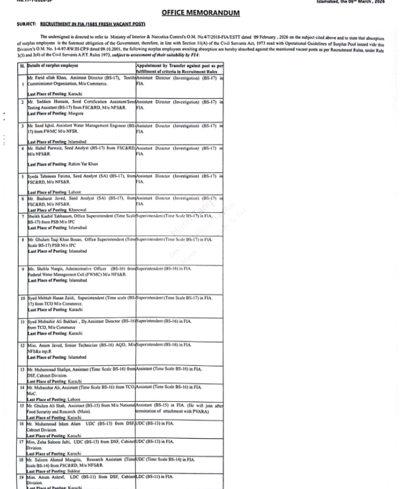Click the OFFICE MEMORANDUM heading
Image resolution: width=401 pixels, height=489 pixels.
[x=200, y=13]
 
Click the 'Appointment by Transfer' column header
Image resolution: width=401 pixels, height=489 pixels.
[x=179, y=66]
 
